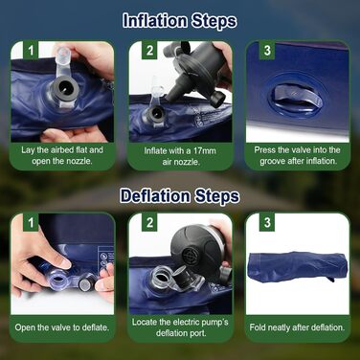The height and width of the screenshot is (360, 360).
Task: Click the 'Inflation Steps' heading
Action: click(x=180, y=21)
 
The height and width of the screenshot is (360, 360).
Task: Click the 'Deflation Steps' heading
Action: click(x=180, y=195)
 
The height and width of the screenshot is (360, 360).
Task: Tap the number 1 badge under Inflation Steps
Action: click(x=31, y=51)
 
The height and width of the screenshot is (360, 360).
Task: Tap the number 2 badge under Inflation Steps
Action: click(x=149, y=51)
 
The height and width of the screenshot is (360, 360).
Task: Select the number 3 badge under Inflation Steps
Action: click(x=267, y=51)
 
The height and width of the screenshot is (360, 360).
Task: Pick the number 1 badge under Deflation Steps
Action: click(x=31, y=222)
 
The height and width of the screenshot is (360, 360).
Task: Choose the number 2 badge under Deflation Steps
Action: click(x=149, y=222)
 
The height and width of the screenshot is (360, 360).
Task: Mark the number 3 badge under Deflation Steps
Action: click(x=267, y=222)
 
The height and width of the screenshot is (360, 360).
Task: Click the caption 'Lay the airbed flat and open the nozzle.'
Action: click(x=62, y=155)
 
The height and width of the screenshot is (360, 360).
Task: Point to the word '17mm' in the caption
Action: click(x=204, y=150)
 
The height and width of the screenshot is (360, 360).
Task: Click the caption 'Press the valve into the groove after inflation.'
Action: click(x=298, y=155)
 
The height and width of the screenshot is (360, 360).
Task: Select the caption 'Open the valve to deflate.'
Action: click(x=62, y=327)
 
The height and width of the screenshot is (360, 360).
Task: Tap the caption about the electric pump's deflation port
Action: click(x=180, y=327)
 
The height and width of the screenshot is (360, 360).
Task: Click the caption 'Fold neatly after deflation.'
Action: click(x=297, y=327)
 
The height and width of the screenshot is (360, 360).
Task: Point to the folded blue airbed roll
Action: click(x=297, y=266)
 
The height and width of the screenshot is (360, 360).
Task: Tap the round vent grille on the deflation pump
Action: click(x=189, y=256)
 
